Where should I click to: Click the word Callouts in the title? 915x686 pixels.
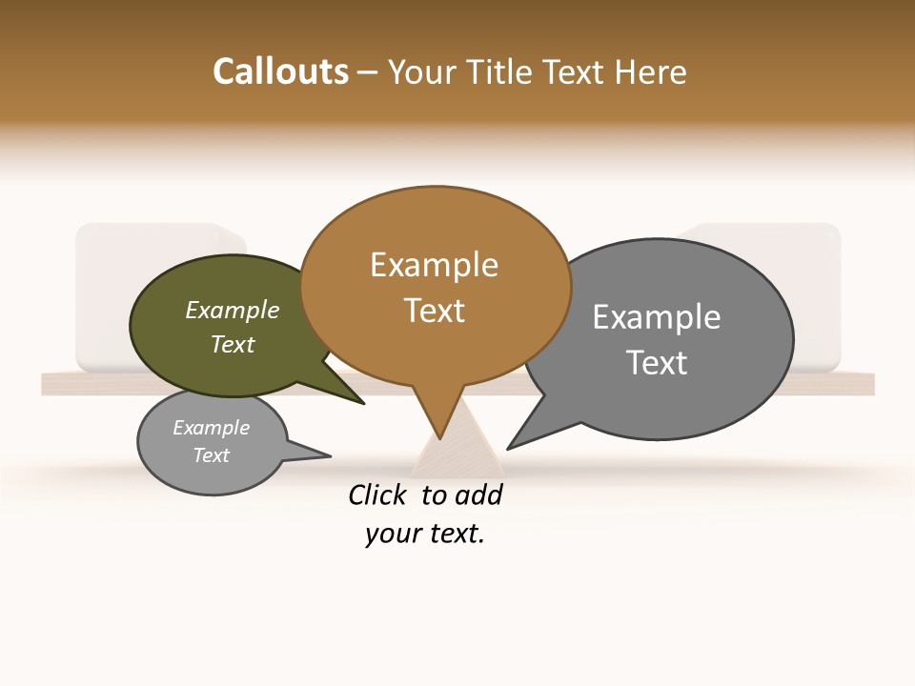tap(280, 71)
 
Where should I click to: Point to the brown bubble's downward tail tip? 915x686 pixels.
tap(439, 435)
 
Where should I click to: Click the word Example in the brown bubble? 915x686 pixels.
tap(435, 265)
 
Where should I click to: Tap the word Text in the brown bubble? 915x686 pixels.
tap(435, 311)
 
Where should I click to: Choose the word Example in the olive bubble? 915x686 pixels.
tap(233, 310)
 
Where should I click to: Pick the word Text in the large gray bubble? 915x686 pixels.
tap(657, 363)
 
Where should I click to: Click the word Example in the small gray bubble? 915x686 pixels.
tap(212, 428)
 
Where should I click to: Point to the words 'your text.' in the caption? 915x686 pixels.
tap(425, 534)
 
